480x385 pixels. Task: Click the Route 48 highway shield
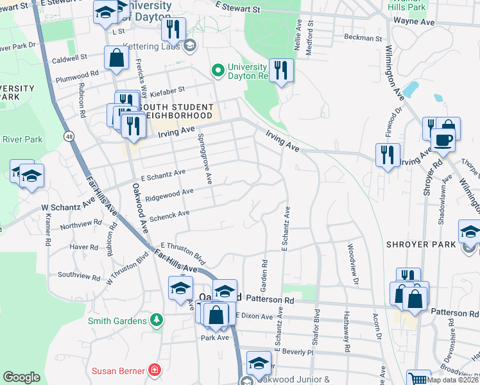[x=67, y=136]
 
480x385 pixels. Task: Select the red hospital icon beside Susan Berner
[x=154, y=370]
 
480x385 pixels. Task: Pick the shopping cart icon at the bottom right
[x=418, y=379]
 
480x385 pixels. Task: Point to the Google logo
[x=21, y=377]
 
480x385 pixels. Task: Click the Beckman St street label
[x=363, y=38]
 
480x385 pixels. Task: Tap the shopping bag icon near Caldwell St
[x=117, y=58]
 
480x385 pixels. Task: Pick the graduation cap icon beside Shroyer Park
[x=470, y=232]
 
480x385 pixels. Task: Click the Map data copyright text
[x=454, y=379]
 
